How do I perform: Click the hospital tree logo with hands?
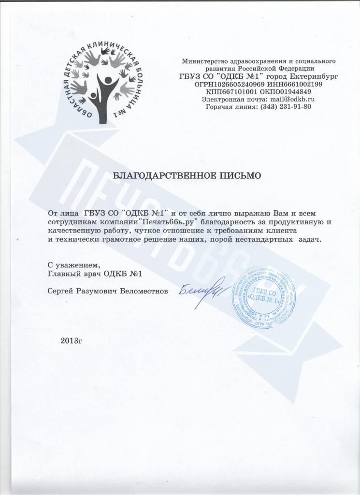coord(103,82)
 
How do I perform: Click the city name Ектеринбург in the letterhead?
coord(313,76)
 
